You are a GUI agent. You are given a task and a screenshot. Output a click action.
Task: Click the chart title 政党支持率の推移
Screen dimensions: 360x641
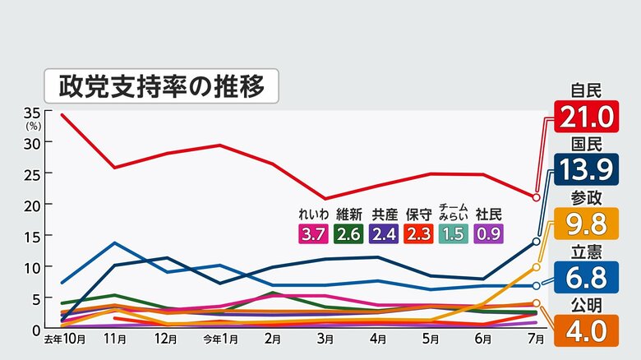point(161,85)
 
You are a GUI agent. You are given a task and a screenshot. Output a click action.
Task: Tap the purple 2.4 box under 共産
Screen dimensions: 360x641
point(384,233)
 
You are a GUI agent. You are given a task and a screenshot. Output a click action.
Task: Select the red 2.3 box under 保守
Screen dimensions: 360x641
point(418,233)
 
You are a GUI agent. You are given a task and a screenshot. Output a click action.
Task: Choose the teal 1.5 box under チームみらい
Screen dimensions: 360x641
point(454,233)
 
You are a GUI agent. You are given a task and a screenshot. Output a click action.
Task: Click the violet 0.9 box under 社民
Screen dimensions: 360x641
point(488,233)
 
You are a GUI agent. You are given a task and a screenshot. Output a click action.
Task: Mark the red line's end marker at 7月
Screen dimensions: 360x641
point(536,197)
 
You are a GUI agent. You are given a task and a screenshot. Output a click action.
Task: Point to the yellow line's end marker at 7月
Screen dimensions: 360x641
point(536,267)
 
